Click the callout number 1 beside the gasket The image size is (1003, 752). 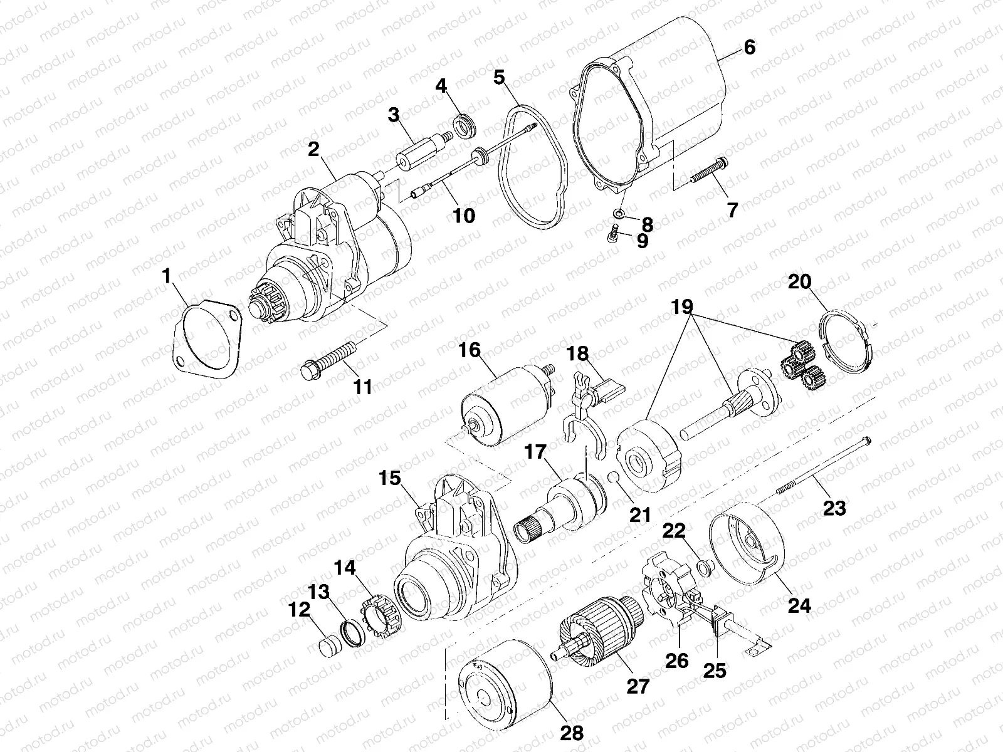click(x=167, y=274)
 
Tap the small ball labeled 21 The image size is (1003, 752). click(x=616, y=480)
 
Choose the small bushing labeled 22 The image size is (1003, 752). click(x=706, y=568)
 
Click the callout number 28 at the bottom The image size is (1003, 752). click(x=572, y=732)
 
